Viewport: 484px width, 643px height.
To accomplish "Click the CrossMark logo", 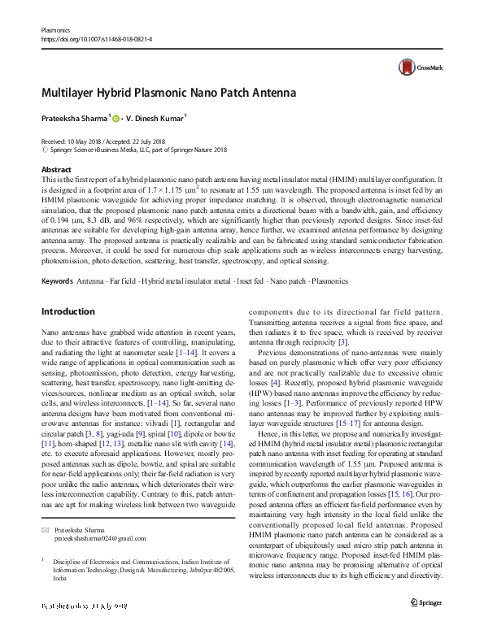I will (416, 68).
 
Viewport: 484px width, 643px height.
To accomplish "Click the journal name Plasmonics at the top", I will (55, 29).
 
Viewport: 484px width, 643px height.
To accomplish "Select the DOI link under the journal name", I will (96, 39).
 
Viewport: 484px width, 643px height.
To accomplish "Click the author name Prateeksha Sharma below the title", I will (74, 119).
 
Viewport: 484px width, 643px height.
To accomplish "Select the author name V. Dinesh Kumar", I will (158, 119).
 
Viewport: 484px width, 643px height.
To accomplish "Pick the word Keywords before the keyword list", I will (56, 281).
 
